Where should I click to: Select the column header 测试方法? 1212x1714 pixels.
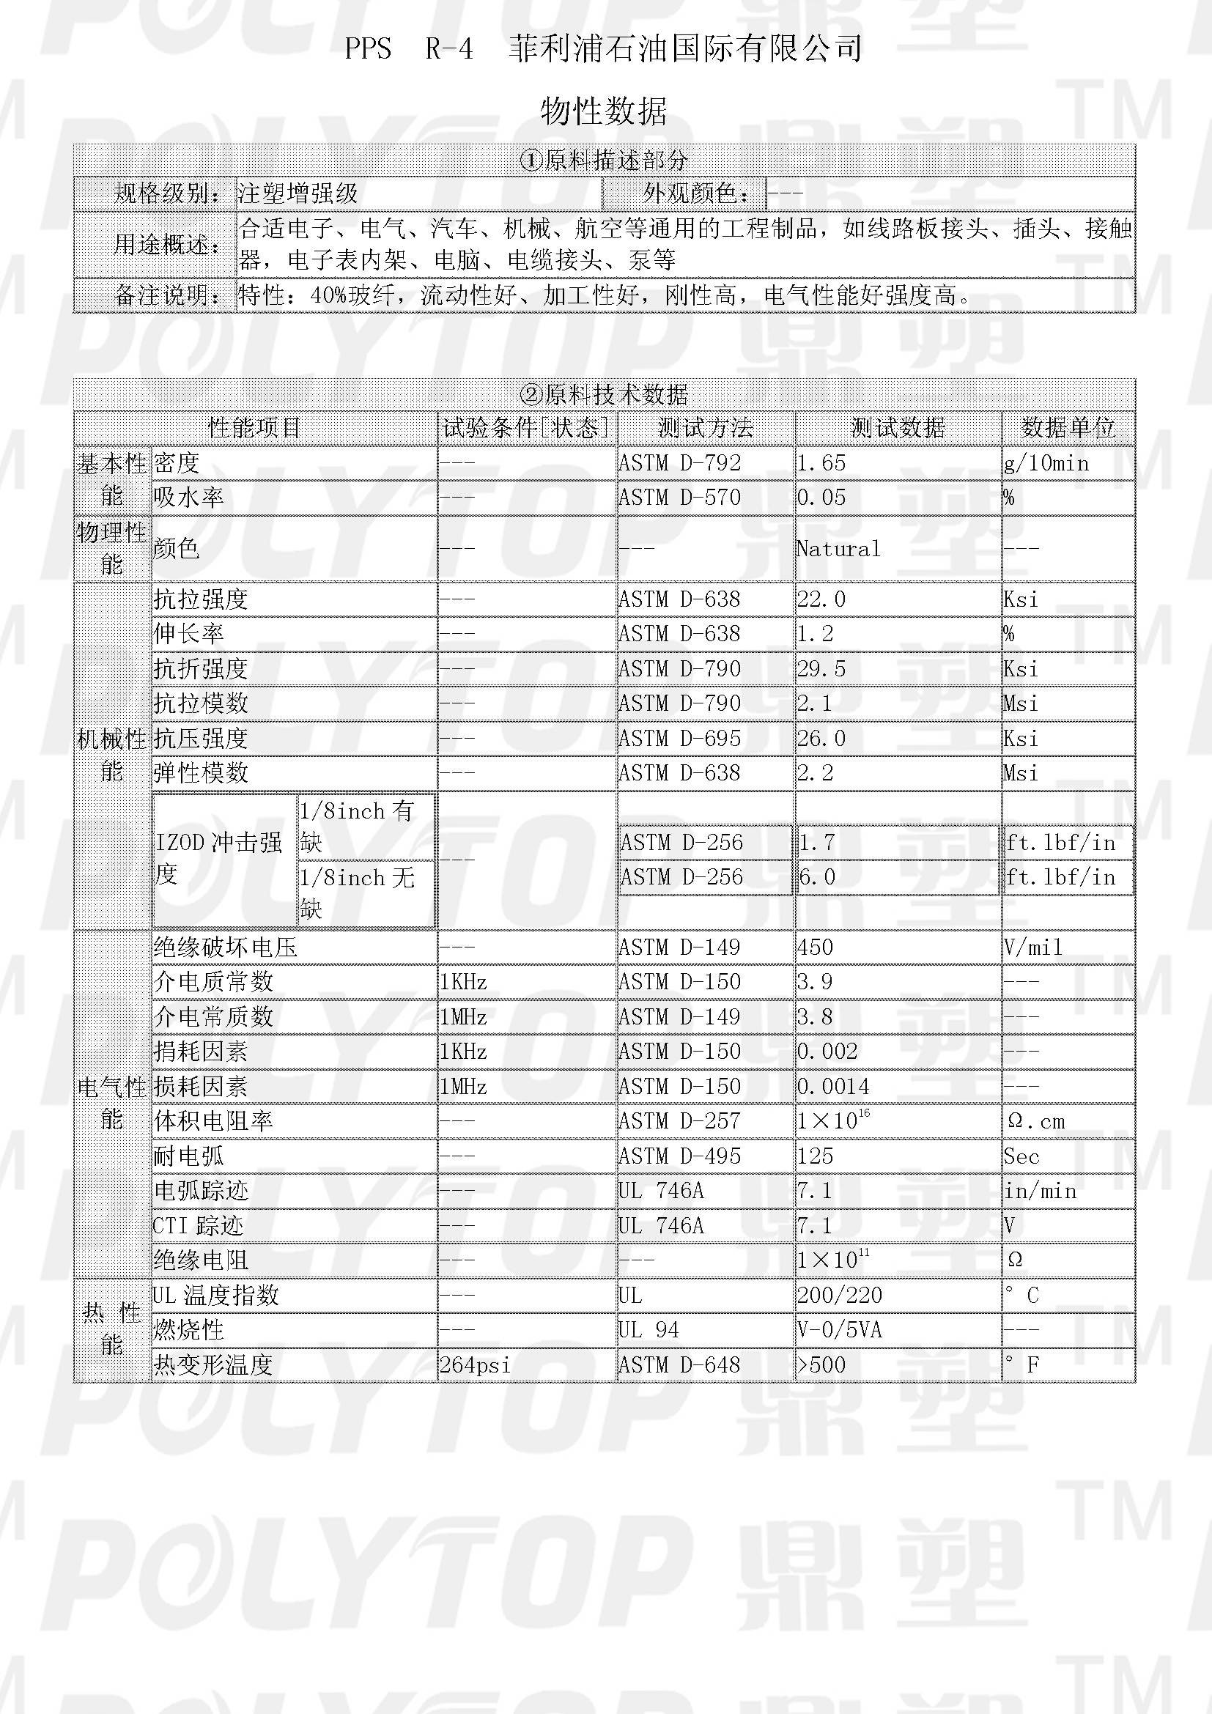point(705,428)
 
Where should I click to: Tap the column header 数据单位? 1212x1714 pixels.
point(1068,428)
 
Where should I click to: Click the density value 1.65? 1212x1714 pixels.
point(821,464)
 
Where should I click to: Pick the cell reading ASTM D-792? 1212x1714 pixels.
point(680,464)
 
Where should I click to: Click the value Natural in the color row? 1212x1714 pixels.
point(838,550)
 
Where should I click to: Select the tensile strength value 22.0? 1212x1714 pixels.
point(821,599)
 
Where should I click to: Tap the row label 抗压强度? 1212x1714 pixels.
point(201,739)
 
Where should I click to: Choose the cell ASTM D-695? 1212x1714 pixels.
point(680,739)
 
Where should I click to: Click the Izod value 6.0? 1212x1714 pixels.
point(816,877)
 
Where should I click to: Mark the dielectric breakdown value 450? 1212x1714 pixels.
point(815,947)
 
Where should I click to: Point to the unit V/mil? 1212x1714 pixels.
point(1033,947)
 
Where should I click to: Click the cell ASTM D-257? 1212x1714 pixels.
point(680,1121)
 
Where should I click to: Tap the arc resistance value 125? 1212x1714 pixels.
point(815,1156)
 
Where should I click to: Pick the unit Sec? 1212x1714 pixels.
point(1021,1156)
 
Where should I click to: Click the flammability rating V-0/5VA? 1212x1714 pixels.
point(840,1330)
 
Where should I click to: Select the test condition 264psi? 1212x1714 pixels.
point(475,1365)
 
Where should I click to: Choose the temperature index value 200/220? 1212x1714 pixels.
point(840,1295)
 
